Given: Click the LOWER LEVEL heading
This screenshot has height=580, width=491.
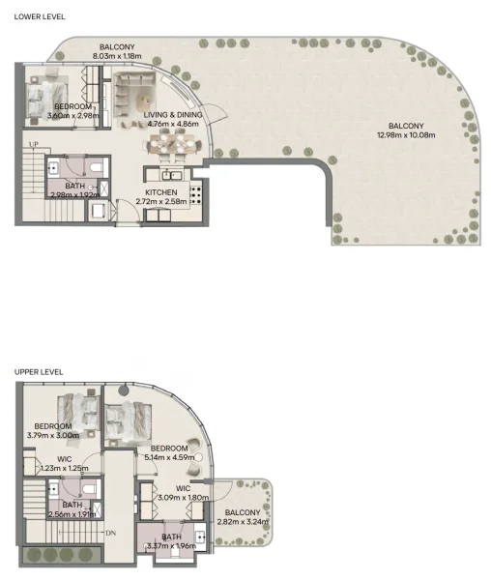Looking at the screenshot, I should tap(39, 16).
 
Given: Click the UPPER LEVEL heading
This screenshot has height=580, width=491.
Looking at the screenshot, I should tap(39, 371).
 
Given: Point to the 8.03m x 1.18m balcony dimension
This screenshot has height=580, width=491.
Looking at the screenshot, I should tap(117, 57).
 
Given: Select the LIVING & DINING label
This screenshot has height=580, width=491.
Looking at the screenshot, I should tap(172, 114).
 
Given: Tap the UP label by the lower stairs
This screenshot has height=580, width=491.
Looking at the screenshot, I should tap(34, 145).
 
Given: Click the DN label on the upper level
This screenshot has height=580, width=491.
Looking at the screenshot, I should tap(111, 533).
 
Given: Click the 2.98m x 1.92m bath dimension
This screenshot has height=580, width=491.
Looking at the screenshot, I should tap(74, 195).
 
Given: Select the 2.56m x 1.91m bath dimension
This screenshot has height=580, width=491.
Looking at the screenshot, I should tap(72, 514).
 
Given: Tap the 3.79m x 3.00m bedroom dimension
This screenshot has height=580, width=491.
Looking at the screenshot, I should tap(53, 436).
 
